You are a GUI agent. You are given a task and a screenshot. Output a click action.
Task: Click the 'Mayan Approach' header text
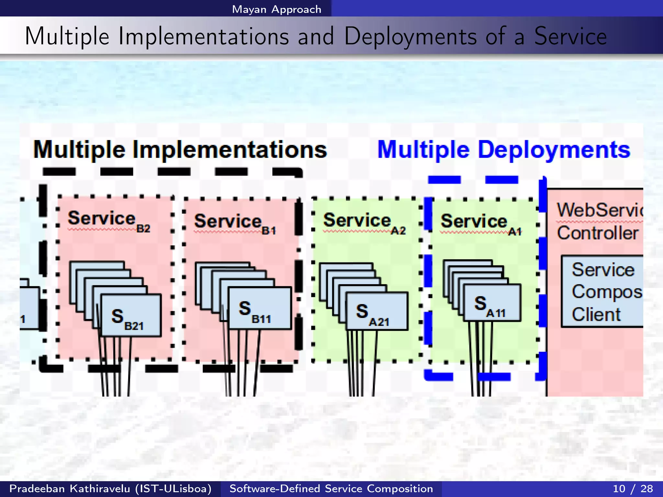pyautogui.click(x=276, y=9)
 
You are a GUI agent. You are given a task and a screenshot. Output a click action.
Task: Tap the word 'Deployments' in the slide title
pyautogui.click(x=410, y=36)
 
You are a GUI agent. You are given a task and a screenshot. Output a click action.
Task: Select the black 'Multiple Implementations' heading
pyautogui.click(x=180, y=149)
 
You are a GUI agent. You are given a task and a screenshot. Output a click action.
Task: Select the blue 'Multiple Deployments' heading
pyautogui.click(x=504, y=149)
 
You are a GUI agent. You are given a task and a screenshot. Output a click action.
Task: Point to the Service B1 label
pyautogui.click(x=234, y=223)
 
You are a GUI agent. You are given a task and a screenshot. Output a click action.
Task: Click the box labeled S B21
pyautogui.click(x=131, y=315)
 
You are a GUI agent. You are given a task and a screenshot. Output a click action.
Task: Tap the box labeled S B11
pyautogui.click(x=260, y=308)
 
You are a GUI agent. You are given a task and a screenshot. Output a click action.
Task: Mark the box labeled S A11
pyautogui.click(x=492, y=303)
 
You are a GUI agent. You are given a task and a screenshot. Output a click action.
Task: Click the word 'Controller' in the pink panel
pyautogui.click(x=598, y=233)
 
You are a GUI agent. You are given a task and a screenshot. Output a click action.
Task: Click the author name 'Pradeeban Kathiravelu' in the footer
pyautogui.click(x=70, y=489)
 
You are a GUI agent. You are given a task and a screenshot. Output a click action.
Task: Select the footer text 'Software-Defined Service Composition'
pyautogui.click(x=331, y=489)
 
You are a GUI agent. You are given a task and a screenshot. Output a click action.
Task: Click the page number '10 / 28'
pyautogui.click(x=633, y=489)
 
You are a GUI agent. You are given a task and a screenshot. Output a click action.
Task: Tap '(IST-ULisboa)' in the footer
pyautogui.click(x=173, y=489)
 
